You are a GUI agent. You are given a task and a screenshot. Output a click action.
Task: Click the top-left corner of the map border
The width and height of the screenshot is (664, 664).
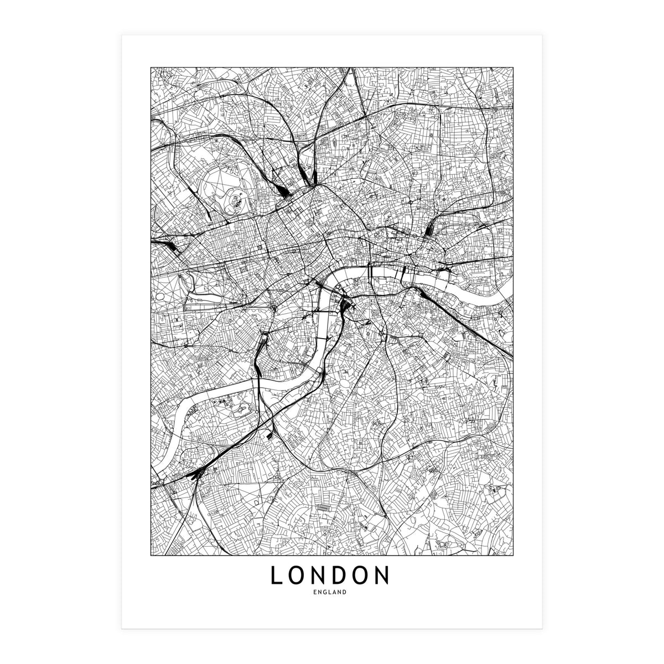(x=151, y=68)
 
